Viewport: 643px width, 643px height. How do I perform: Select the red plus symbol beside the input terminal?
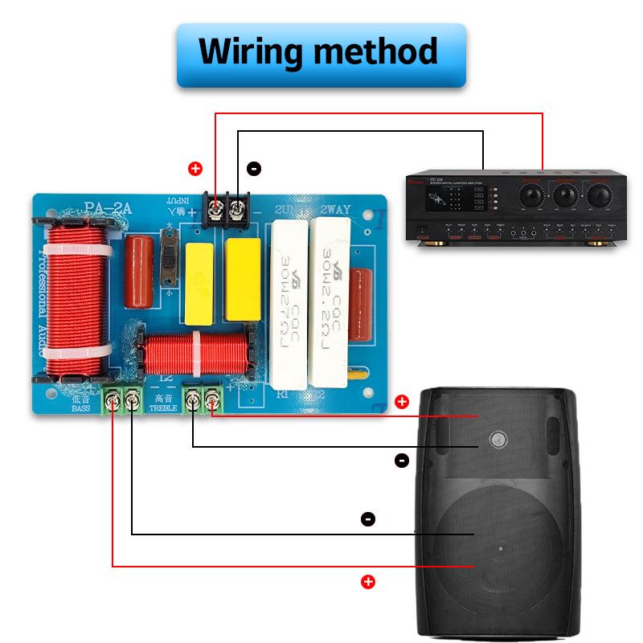point(195,169)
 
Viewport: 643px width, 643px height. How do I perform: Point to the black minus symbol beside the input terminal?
point(254,169)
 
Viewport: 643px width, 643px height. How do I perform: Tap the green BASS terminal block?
point(121,399)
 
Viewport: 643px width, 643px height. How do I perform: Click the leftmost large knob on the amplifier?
point(530,195)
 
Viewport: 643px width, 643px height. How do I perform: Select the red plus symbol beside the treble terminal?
point(402,401)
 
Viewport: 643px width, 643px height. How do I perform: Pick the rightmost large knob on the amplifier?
point(597,195)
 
